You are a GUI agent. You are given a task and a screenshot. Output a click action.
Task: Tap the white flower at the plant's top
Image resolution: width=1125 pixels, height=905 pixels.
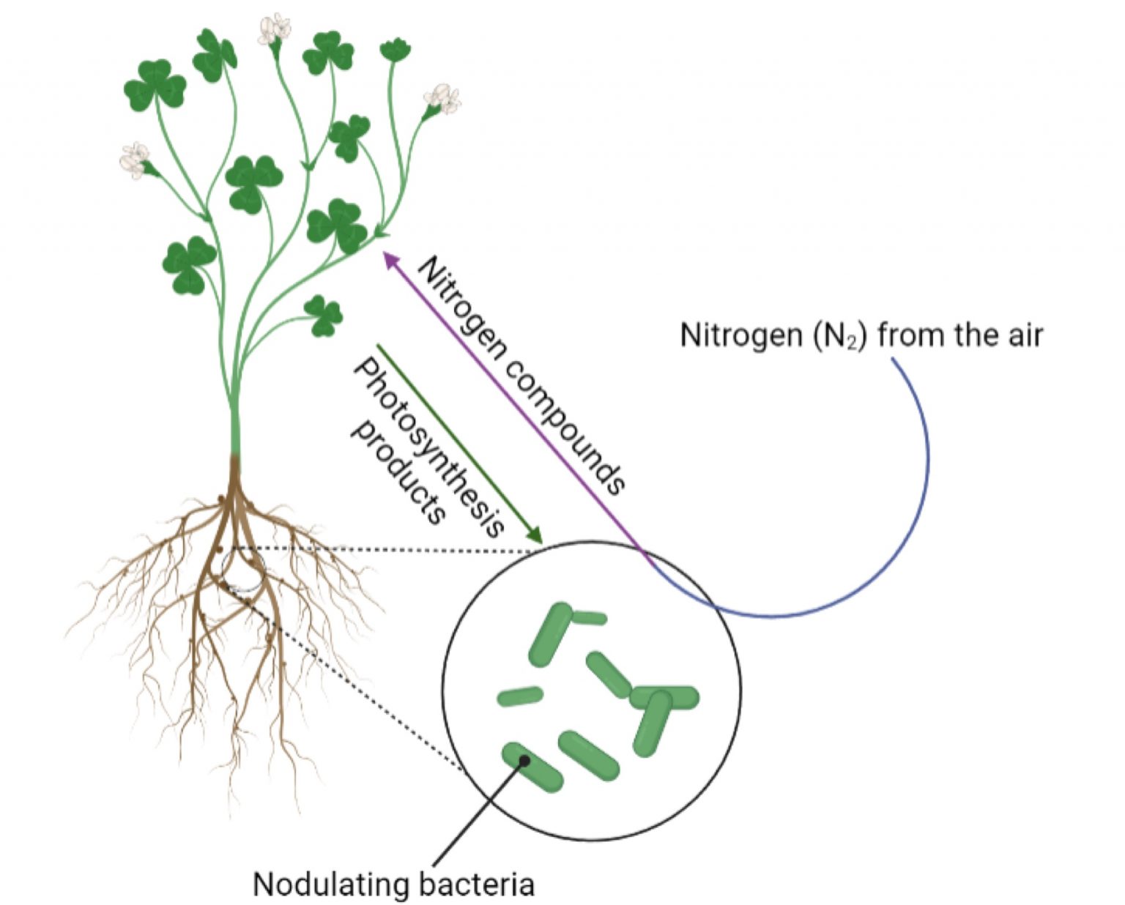click(275, 29)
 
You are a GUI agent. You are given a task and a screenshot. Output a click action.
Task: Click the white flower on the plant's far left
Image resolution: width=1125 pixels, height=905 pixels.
click(135, 159)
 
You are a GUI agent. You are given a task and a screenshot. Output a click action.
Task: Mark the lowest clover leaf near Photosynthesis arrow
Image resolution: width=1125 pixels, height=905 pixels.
click(323, 316)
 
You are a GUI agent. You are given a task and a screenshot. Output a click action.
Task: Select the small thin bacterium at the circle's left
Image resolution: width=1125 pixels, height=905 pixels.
click(520, 696)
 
